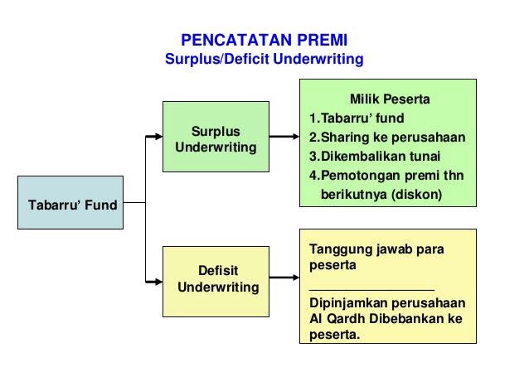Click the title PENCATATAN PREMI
click(264, 41)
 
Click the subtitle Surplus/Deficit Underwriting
click(264, 60)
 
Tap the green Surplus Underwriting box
click(216, 138)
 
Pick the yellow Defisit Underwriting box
click(216, 280)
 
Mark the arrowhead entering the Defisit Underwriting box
click(157, 279)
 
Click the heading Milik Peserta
click(390, 100)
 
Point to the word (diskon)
click(418, 194)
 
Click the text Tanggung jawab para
click(376, 249)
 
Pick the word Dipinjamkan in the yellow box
click(343, 303)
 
